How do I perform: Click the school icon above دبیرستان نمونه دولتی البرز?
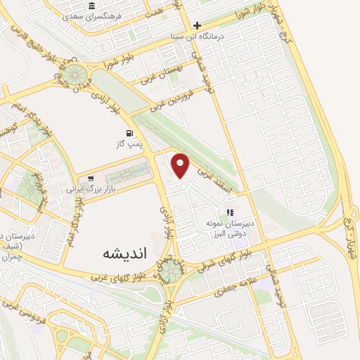tap(229, 212)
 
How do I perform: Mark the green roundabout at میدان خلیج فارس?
tap(73, 73)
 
